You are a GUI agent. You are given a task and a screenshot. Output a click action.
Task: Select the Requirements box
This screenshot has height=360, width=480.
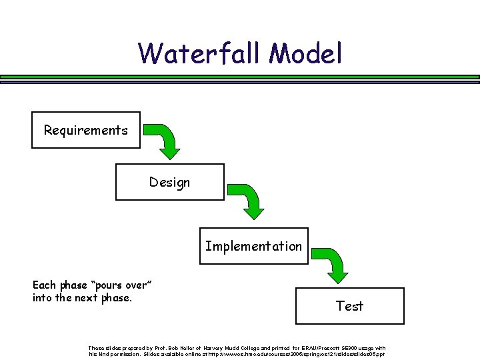click(x=86, y=130)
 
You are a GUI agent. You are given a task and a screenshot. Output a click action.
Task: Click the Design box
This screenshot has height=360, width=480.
click(x=170, y=182)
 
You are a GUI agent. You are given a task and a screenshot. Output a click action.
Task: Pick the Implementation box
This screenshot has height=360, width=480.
click(x=253, y=246)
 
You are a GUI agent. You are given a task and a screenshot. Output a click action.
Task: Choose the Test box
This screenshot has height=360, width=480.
click(x=349, y=306)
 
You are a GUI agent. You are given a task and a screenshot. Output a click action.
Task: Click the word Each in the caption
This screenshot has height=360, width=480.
click(x=45, y=285)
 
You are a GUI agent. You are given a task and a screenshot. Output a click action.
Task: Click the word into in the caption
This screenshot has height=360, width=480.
click(x=42, y=297)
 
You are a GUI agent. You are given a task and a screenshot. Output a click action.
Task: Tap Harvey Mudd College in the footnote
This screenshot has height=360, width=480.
click(x=226, y=348)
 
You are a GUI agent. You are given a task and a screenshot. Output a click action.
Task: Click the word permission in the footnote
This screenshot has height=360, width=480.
click(x=124, y=354)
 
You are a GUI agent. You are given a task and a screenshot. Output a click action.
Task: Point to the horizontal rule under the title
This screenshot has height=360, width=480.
click(x=240, y=78)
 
